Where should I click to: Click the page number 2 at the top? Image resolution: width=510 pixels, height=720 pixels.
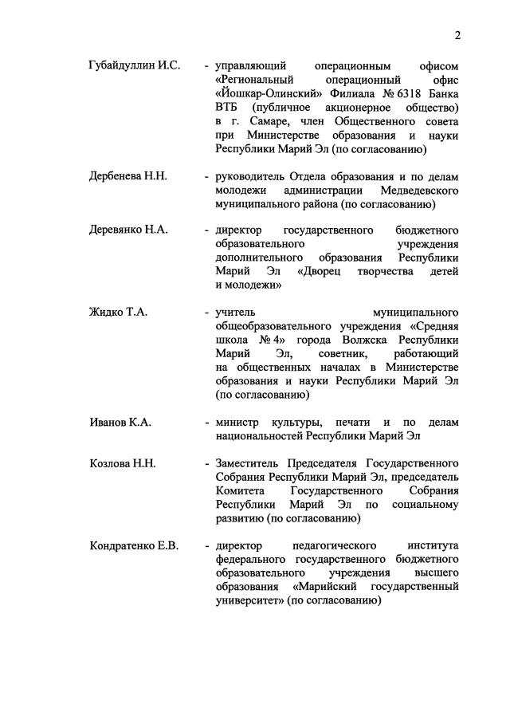pos(458,34)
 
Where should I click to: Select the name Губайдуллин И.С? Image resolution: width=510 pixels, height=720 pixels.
pos(135,65)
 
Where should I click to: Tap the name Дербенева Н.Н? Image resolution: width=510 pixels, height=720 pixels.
pos(128,176)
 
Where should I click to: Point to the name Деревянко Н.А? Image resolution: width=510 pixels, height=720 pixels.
pos(128,230)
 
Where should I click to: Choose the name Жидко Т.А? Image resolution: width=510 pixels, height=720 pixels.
pos(119,312)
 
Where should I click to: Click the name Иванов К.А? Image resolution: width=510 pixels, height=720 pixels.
pos(120,422)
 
